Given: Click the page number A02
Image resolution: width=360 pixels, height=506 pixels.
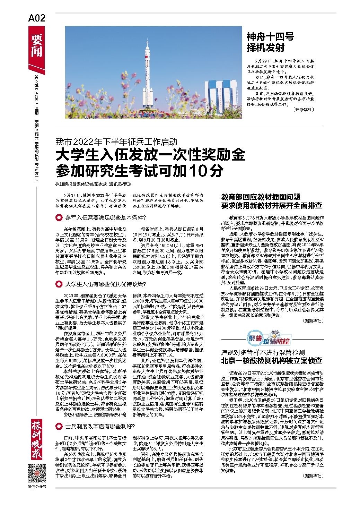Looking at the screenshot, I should (x=36, y=18).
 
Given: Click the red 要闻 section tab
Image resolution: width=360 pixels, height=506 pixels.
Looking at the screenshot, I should (x=36, y=45).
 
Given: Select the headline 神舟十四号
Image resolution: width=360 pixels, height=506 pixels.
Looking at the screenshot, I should (x=265, y=36).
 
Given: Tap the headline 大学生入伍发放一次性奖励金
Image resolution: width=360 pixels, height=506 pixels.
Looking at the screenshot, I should (x=151, y=155).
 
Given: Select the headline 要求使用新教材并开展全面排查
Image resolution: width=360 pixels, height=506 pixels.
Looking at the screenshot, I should (x=272, y=205).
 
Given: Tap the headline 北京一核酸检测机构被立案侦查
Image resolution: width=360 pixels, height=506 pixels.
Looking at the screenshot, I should (x=272, y=361).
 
